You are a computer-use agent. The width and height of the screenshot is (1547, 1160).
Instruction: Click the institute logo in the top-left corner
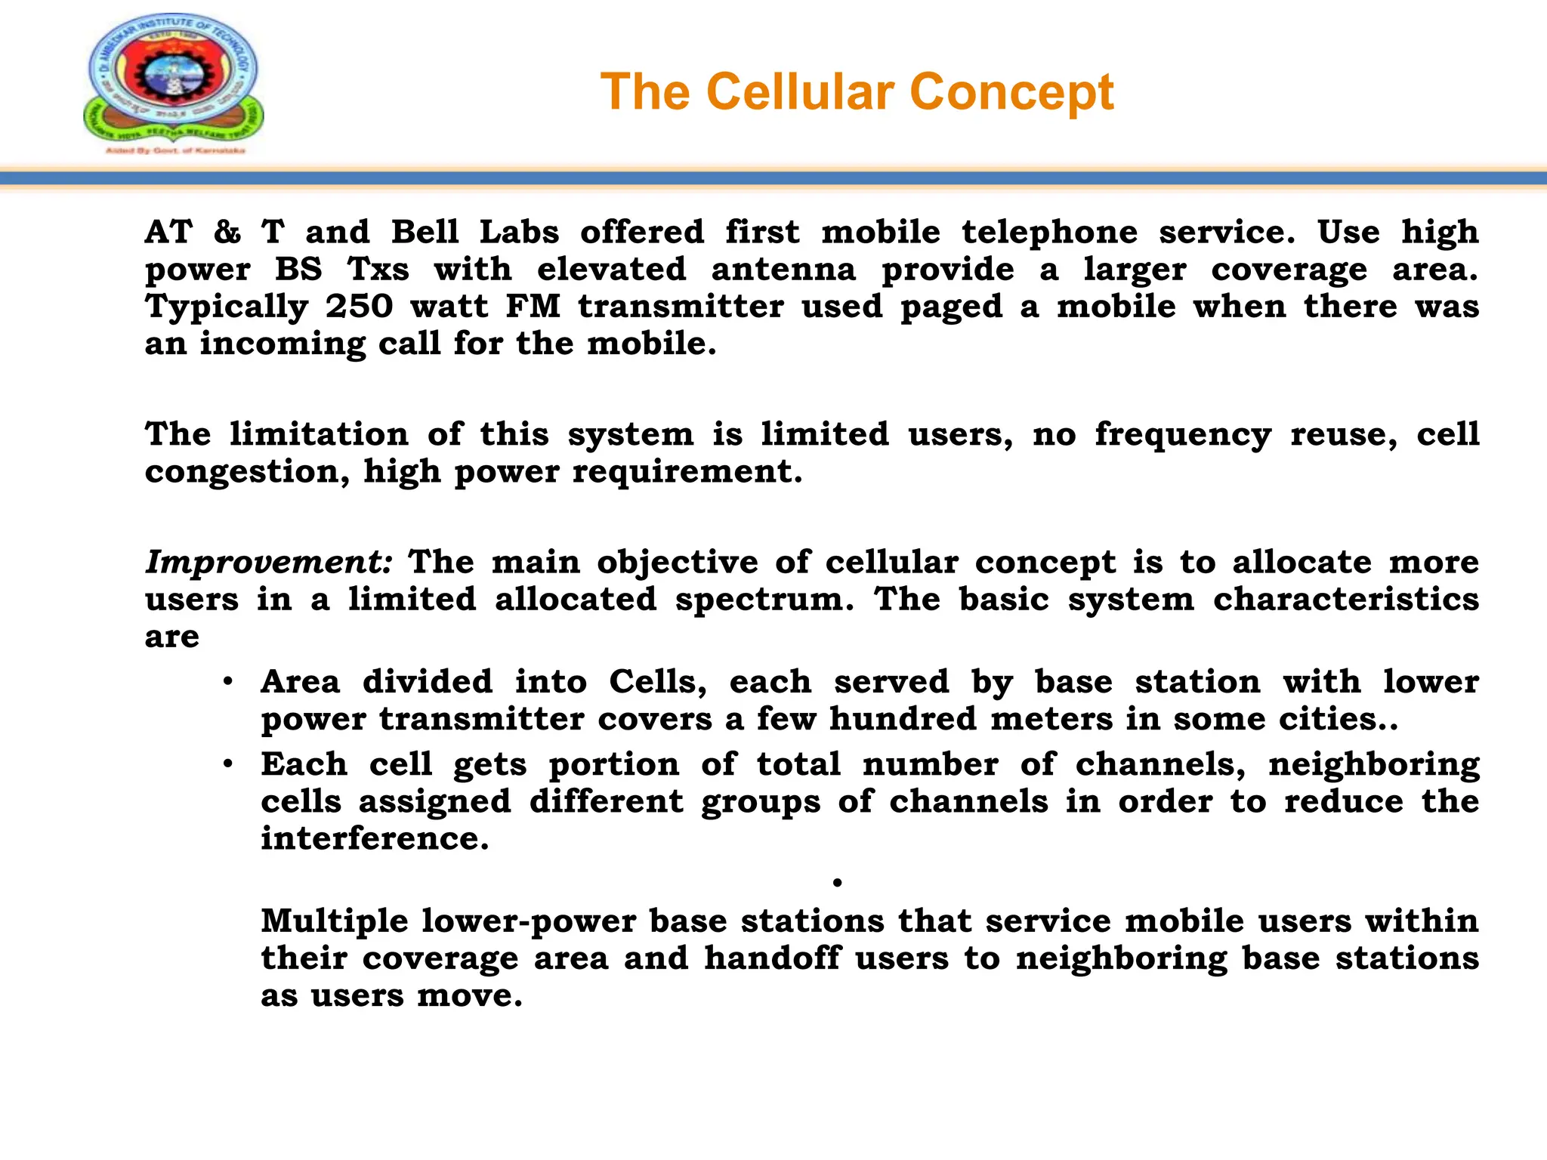[174, 83]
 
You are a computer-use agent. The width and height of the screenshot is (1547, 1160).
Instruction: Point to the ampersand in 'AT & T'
[227, 233]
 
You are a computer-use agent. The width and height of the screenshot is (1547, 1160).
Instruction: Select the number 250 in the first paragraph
[360, 307]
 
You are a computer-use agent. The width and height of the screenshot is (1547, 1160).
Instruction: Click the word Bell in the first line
[425, 233]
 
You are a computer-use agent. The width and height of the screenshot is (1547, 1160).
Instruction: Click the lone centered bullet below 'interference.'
[837, 882]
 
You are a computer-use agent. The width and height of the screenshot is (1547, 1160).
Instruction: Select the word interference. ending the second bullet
[375, 838]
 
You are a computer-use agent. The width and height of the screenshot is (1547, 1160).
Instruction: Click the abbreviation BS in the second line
[298, 270]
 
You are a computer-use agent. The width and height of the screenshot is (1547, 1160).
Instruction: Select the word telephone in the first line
[1049, 233]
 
